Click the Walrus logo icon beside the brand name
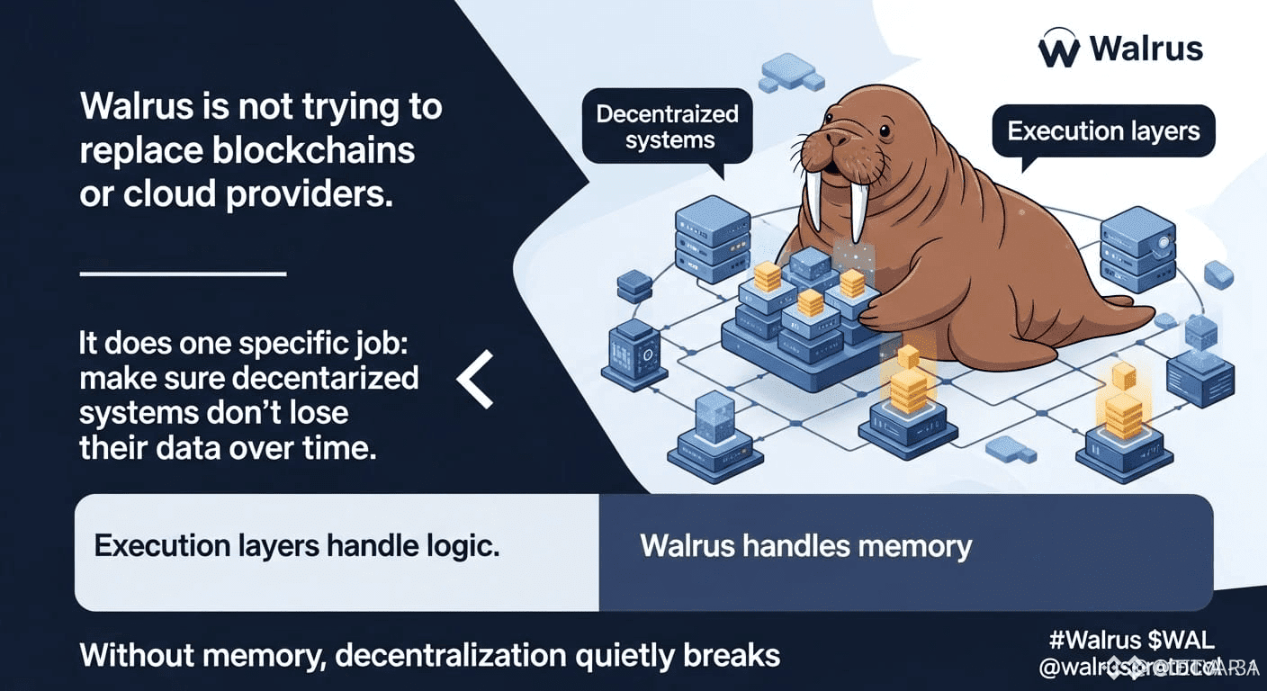tap(1059, 49)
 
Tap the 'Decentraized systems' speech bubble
tap(668, 127)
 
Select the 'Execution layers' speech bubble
tap(1103, 131)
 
